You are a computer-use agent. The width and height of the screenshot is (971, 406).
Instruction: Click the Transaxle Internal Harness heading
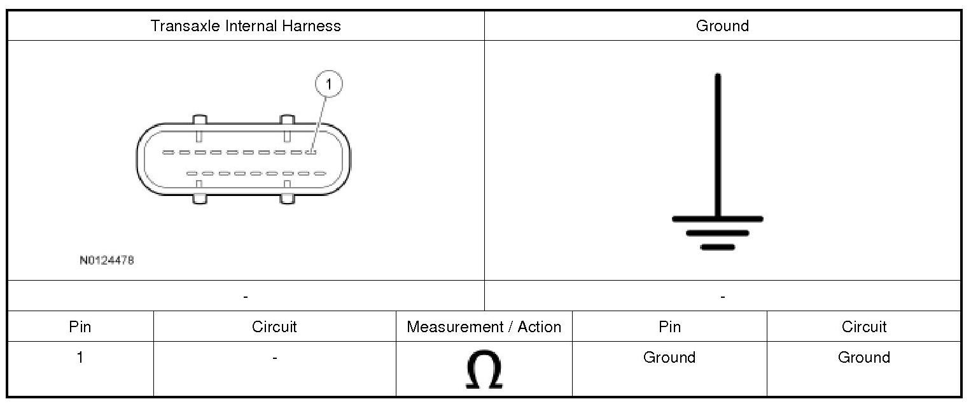(x=246, y=26)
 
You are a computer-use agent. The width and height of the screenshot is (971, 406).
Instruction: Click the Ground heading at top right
(x=722, y=26)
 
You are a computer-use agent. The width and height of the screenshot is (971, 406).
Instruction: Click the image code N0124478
(x=107, y=260)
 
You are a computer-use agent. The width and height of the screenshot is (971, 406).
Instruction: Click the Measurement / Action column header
(x=484, y=327)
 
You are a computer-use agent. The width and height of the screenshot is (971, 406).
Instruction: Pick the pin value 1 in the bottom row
(x=80, y=358)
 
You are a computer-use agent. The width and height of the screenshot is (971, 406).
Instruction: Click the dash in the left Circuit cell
(x=274, y=358)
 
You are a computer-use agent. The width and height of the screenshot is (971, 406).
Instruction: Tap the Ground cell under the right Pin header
(x=669, y=358)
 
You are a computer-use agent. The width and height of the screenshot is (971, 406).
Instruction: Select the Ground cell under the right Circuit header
(x=863, y=358)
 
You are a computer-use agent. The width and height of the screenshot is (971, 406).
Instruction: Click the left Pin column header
(x=80, y=327)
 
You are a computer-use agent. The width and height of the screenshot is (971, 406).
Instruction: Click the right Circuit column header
(x=863, y=327)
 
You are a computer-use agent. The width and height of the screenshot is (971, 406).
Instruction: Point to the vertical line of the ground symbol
(x=718, y=146)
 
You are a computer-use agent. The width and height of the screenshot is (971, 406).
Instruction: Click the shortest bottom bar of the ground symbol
(x=718, y=247)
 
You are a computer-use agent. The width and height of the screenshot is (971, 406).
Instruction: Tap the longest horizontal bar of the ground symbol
(x=718, y=219)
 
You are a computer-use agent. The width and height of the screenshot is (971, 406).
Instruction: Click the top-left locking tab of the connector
(x=199, y=120)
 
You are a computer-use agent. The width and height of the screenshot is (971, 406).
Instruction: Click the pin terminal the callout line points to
(x=311, y=152)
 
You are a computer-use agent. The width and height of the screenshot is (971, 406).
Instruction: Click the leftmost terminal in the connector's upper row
(x=168, y=152)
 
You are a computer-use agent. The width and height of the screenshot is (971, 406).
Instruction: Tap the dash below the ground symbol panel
(x=722, y=297)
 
